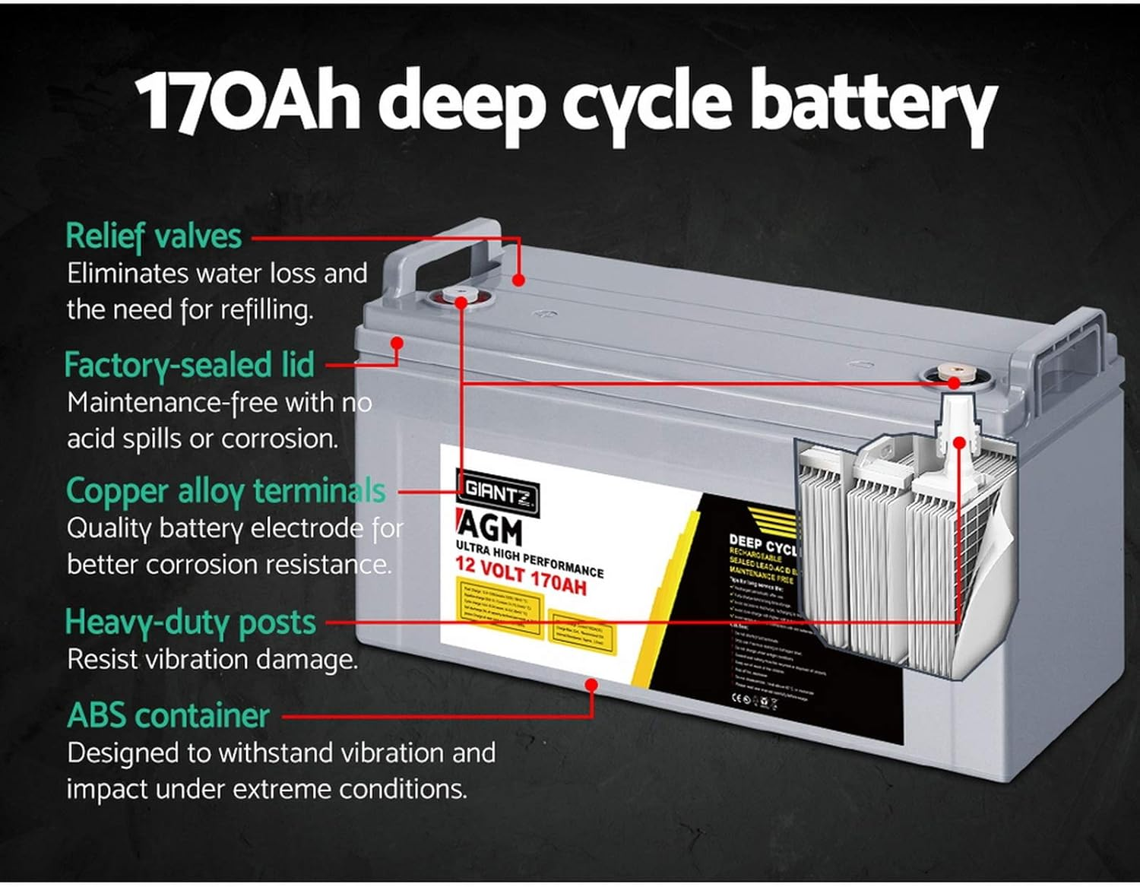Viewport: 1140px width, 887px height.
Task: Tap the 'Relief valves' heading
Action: tap(154, 236)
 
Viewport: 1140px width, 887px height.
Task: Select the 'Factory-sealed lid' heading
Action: tap(189, 365)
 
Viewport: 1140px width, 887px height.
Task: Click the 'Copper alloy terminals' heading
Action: tap(226, 491)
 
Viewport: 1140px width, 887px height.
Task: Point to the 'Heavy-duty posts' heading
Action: tap(190, 622)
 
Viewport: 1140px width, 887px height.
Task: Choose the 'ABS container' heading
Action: tap(168, 716)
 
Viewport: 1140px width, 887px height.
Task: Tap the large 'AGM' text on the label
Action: tap(492, 529)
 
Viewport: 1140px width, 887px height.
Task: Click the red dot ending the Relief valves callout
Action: tap(518, 280)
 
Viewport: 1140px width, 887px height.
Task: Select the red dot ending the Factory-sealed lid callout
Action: tap(396, 343)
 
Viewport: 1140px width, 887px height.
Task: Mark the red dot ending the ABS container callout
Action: tap(591, 685)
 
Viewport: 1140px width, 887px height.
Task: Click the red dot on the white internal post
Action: tap(959, 442)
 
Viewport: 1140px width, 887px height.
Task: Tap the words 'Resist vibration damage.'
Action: tap(212, 659)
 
